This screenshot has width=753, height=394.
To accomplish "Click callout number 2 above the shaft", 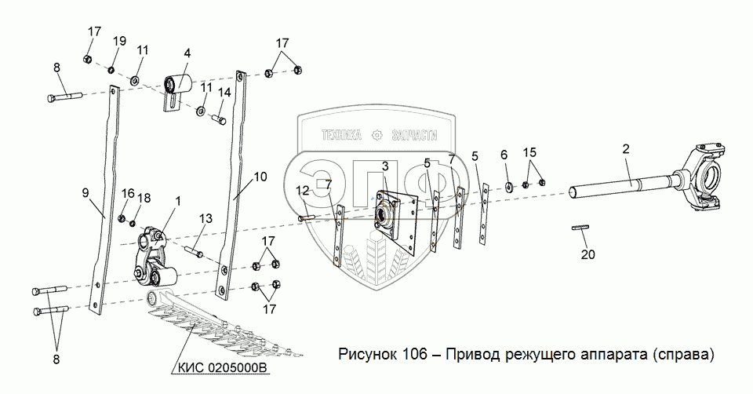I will click(625, 149).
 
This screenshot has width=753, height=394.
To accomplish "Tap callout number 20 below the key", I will click(587, 254).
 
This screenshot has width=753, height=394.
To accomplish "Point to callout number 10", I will click(260, 177).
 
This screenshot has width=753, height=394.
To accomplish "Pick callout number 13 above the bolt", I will click(206, 217).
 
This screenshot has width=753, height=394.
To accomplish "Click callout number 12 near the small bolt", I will click(302, 191).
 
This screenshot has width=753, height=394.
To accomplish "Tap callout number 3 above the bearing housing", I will click(385, 166).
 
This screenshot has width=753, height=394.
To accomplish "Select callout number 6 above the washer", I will click(505, 155).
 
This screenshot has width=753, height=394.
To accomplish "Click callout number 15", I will click(530, 151).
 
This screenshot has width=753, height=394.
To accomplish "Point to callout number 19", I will click(119, 41).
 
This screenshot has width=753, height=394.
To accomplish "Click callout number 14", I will click(224, 93).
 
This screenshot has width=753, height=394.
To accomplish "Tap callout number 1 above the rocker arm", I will click(178, 202).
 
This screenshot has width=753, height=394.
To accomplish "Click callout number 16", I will click(129, 194).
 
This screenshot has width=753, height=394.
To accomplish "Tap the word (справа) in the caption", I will click(682, 354).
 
